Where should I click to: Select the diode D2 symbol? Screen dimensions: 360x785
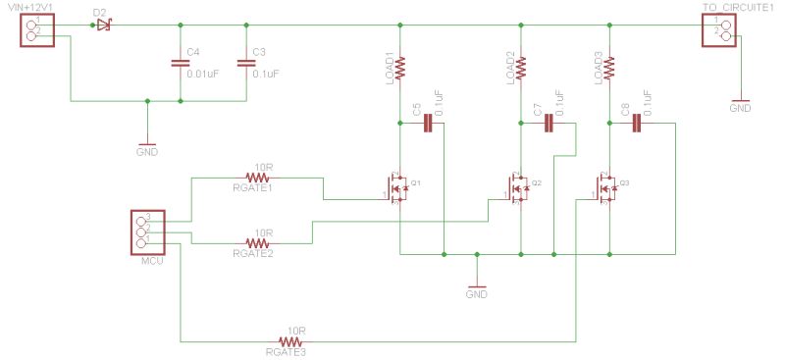[x=101, y=25]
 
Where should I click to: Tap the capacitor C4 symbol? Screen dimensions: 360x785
[x=180, y=63]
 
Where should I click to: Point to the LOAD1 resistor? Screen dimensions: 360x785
[x=400, y=67]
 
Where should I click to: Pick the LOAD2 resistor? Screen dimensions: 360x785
[x=520, y=67]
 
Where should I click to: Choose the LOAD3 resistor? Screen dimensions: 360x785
[x=609, y=67]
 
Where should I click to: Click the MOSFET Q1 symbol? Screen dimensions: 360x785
[x=397, y=186]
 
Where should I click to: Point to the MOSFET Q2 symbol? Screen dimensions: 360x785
[x=517, y=186]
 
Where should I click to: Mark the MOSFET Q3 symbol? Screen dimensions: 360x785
[x=606, y=186]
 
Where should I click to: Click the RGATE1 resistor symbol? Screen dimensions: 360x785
[x=257, y=178]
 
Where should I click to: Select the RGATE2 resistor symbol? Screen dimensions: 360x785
[x=257, y=241]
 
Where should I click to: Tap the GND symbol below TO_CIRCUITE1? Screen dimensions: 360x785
[x=741, y=101]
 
